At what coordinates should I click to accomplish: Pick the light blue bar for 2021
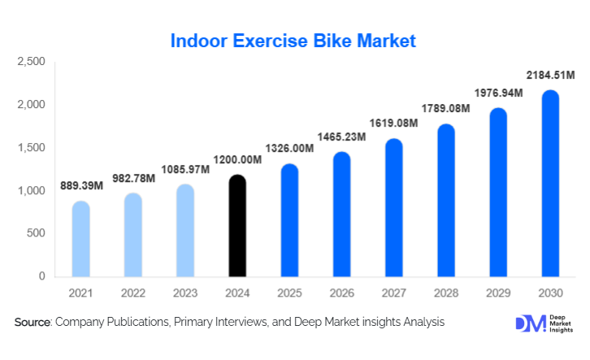pos(80,239)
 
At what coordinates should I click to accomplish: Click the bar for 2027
pos(393,208)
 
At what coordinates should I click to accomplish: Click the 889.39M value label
pos(82,186)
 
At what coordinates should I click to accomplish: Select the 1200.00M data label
pos(237,159)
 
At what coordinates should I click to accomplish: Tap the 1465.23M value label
pos(341,137)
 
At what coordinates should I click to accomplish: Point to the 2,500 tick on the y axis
pos(31,62)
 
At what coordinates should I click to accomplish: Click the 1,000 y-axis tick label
pos(31,191)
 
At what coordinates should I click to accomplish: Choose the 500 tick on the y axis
pos(36,234)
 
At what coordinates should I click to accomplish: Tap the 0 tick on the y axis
pos(41,276)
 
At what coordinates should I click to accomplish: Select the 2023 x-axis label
pos(184,292)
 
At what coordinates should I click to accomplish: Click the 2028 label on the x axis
pos(445,292)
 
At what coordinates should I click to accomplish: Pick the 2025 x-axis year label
pos(288,292)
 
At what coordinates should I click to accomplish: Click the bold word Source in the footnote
pos(33,323)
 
